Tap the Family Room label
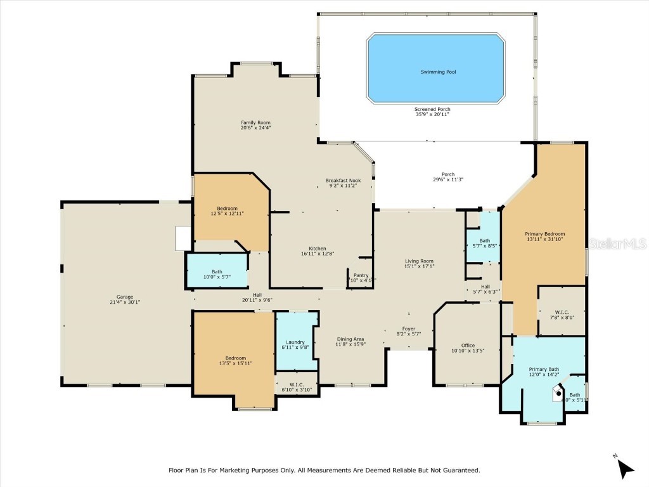[255, 122]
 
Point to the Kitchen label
[318, 248]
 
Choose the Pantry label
[361, 275]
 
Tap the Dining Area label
[350, 339]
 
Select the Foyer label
[409, 328]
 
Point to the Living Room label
[419, 261]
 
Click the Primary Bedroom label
[545, 234]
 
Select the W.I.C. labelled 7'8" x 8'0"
[562, 311]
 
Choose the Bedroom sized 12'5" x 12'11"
[227, 209]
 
